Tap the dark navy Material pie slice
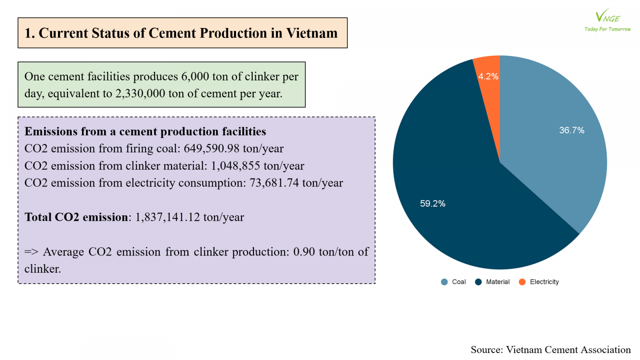(x=460, y=200)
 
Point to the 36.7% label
(x=572, y=130)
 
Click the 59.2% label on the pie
(x=432, y=204)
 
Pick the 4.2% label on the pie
(x=488, y=76)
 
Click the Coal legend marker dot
(x=444, y=282)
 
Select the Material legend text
(x=498, y=282)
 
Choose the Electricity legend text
(x=544, y=282)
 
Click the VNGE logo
(x=607, y=16)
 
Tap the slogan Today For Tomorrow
(x=607, y=29)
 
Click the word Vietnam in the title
(x=312, y=33)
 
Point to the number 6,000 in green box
(x=195, y=76)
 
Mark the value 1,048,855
(x=235, y=166)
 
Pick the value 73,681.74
(x=274, y=183)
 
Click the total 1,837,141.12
(x=167, y=217)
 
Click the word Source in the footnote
(x=486, y=350)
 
